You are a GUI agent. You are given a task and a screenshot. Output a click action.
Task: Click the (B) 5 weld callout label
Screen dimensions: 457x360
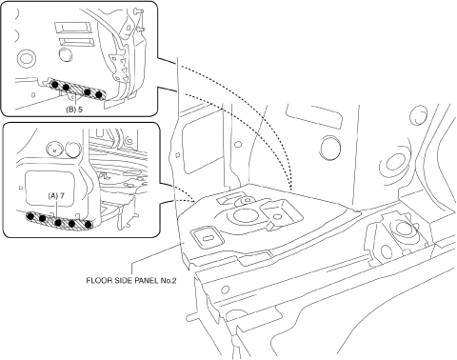[x=74, y=110]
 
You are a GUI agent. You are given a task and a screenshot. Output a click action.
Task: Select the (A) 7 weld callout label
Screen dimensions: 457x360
[x=56, y=195]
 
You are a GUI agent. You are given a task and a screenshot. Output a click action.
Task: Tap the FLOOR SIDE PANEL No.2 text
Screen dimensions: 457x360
[x=131, y=281]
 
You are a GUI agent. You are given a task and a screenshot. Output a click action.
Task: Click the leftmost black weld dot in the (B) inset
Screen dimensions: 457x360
[x=55, y=85]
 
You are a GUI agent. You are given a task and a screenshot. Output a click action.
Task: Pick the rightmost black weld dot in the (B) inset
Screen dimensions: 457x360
[x=99, y=94]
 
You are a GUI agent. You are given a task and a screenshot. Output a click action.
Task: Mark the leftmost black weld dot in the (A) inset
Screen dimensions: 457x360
[x=30, y=216]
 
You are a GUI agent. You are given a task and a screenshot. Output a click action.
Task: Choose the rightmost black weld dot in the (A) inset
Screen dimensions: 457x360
[x=88, y=225]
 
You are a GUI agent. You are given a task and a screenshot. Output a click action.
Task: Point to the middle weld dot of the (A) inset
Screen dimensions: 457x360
[x=58, y=223]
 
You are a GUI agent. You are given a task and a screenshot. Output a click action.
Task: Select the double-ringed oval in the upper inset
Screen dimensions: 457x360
[x=26, y=59]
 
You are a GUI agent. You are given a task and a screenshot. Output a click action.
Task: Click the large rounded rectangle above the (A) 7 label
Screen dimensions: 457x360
[x=51, y=189]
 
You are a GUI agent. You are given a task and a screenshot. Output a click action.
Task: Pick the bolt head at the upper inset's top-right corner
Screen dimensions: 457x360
[x=138, y=11]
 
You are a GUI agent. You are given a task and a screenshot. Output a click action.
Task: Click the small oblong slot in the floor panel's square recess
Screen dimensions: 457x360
[x=207, y=238]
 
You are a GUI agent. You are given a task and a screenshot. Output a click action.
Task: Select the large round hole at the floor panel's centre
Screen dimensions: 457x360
[x=245, y=215]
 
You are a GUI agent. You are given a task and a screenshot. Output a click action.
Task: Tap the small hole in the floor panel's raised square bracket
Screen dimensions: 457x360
[x=277, y=216]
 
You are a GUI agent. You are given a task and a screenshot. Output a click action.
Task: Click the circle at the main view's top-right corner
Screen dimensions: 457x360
[x=419, y=115]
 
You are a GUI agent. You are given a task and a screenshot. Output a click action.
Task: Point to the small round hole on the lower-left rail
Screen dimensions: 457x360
[x=225, y=290]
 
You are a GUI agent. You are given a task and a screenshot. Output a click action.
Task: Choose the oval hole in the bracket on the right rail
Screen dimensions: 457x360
[x=386, y=251]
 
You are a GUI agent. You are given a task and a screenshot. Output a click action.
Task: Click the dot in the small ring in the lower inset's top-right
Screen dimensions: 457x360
[x=129, y=139]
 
